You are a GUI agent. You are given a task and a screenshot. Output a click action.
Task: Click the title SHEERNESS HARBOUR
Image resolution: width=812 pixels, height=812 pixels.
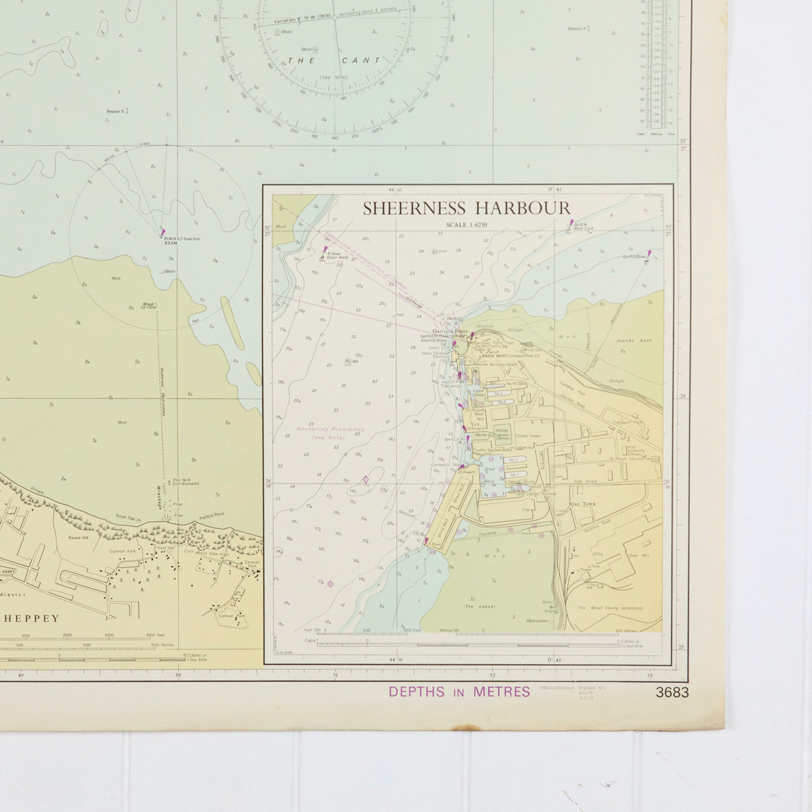466,208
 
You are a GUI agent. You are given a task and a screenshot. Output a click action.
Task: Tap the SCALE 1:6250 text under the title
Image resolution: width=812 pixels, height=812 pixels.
467,225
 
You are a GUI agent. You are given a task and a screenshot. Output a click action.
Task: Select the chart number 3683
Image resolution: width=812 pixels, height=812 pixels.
672,693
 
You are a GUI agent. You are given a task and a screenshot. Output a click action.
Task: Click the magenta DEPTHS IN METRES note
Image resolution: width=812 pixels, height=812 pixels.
459,692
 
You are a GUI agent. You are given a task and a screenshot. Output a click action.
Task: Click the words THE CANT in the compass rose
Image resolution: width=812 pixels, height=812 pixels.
334,60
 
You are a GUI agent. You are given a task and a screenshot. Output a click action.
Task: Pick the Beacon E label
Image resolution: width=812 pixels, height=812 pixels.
115,112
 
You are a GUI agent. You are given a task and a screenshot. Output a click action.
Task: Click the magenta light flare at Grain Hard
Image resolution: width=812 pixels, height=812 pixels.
326,251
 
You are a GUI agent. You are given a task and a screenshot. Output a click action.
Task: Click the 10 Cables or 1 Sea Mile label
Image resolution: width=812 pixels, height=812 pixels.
195,657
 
